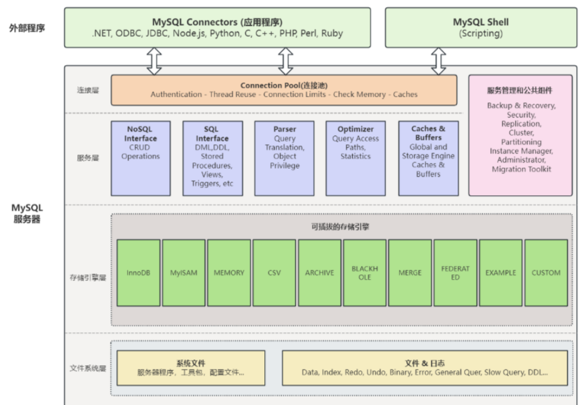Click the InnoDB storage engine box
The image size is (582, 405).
[x=138, y=273]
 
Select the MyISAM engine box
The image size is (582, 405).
[x=183, y=273]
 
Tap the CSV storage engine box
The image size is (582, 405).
[x=274, y=273]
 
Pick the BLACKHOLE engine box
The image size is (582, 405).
[x=365, y=273]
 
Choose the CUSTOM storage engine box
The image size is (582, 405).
[x=546, y=273]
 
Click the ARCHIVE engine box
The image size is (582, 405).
[x=319, y=273]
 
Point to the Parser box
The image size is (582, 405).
[x=284, y=158]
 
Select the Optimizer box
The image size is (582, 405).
[x=356, y=158]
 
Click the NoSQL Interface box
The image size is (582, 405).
[x=141, y=158]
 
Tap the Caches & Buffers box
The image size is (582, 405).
[x=428, y=158]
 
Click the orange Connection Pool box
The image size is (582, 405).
[x=284, y=90]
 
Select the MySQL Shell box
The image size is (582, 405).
[x=481, y=28]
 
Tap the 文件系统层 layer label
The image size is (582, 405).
[x=87, y=369]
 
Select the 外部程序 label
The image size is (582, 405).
[x=27, y=28]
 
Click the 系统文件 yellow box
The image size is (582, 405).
[x=191, y=367]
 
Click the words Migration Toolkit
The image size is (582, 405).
[x=520, y=169]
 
